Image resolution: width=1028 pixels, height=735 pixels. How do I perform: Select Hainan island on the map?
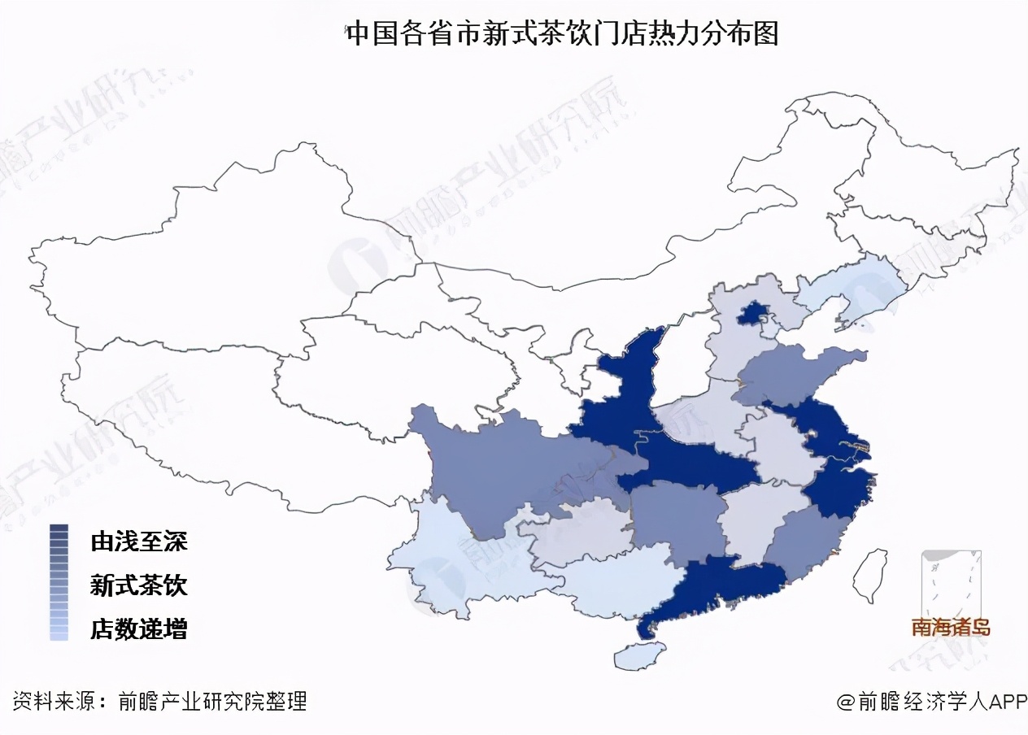click(639, 655)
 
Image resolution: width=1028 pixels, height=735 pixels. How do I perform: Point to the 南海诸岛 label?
click(951, 628)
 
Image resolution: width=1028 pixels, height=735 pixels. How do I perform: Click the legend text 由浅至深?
click(139, 541)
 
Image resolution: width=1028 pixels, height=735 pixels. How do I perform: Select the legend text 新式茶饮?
click(139, 585)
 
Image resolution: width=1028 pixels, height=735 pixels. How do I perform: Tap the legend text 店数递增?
click(139, 628)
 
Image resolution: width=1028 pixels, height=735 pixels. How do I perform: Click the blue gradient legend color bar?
click(59, 582)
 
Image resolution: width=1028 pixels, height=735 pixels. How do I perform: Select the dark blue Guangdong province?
click(716, 585)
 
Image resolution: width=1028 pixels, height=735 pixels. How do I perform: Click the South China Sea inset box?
click(951, 585)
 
